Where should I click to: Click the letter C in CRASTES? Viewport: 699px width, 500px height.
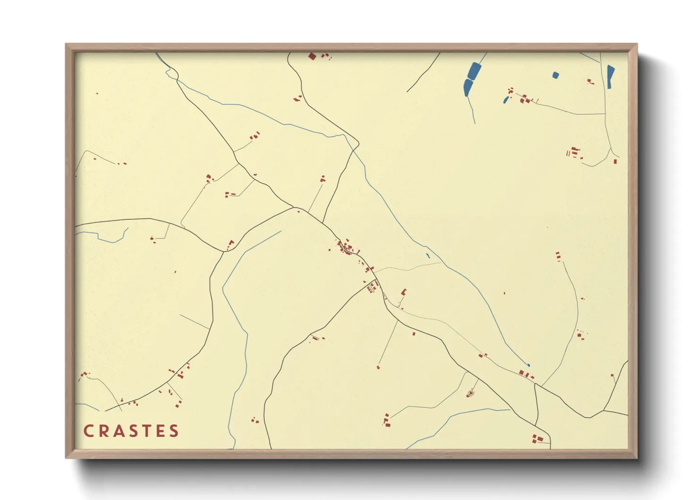88,431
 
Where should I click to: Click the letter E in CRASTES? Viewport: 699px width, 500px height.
161,431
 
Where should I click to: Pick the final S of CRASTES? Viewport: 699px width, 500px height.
174,431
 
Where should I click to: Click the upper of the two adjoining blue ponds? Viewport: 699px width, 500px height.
473,71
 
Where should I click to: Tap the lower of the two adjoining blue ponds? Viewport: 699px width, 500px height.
468,87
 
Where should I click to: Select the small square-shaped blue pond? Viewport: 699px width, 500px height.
555,75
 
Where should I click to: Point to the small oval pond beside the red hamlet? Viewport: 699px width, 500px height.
506,100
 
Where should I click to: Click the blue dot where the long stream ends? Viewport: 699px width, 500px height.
529,365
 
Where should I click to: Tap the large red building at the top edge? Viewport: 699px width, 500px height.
312,57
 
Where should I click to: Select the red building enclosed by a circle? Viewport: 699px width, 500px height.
470,393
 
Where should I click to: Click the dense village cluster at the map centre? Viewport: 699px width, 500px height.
349,248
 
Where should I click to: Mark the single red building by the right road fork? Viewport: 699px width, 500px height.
615,162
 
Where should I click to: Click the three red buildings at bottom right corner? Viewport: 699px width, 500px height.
537,439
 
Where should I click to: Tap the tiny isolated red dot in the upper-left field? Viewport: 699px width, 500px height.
97,94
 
